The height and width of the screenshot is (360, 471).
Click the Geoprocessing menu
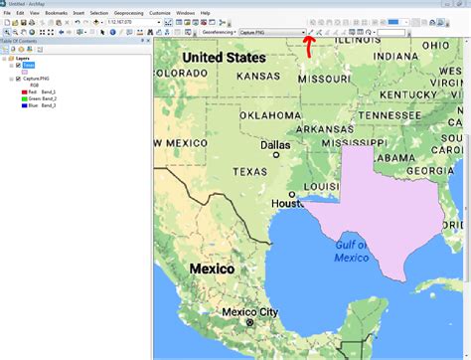point(129,13)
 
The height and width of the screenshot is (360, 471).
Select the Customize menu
point(159,13)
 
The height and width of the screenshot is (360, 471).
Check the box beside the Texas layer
point(18,65)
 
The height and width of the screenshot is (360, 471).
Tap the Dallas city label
point(275,144)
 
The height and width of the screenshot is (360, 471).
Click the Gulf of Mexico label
point(351,251)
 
